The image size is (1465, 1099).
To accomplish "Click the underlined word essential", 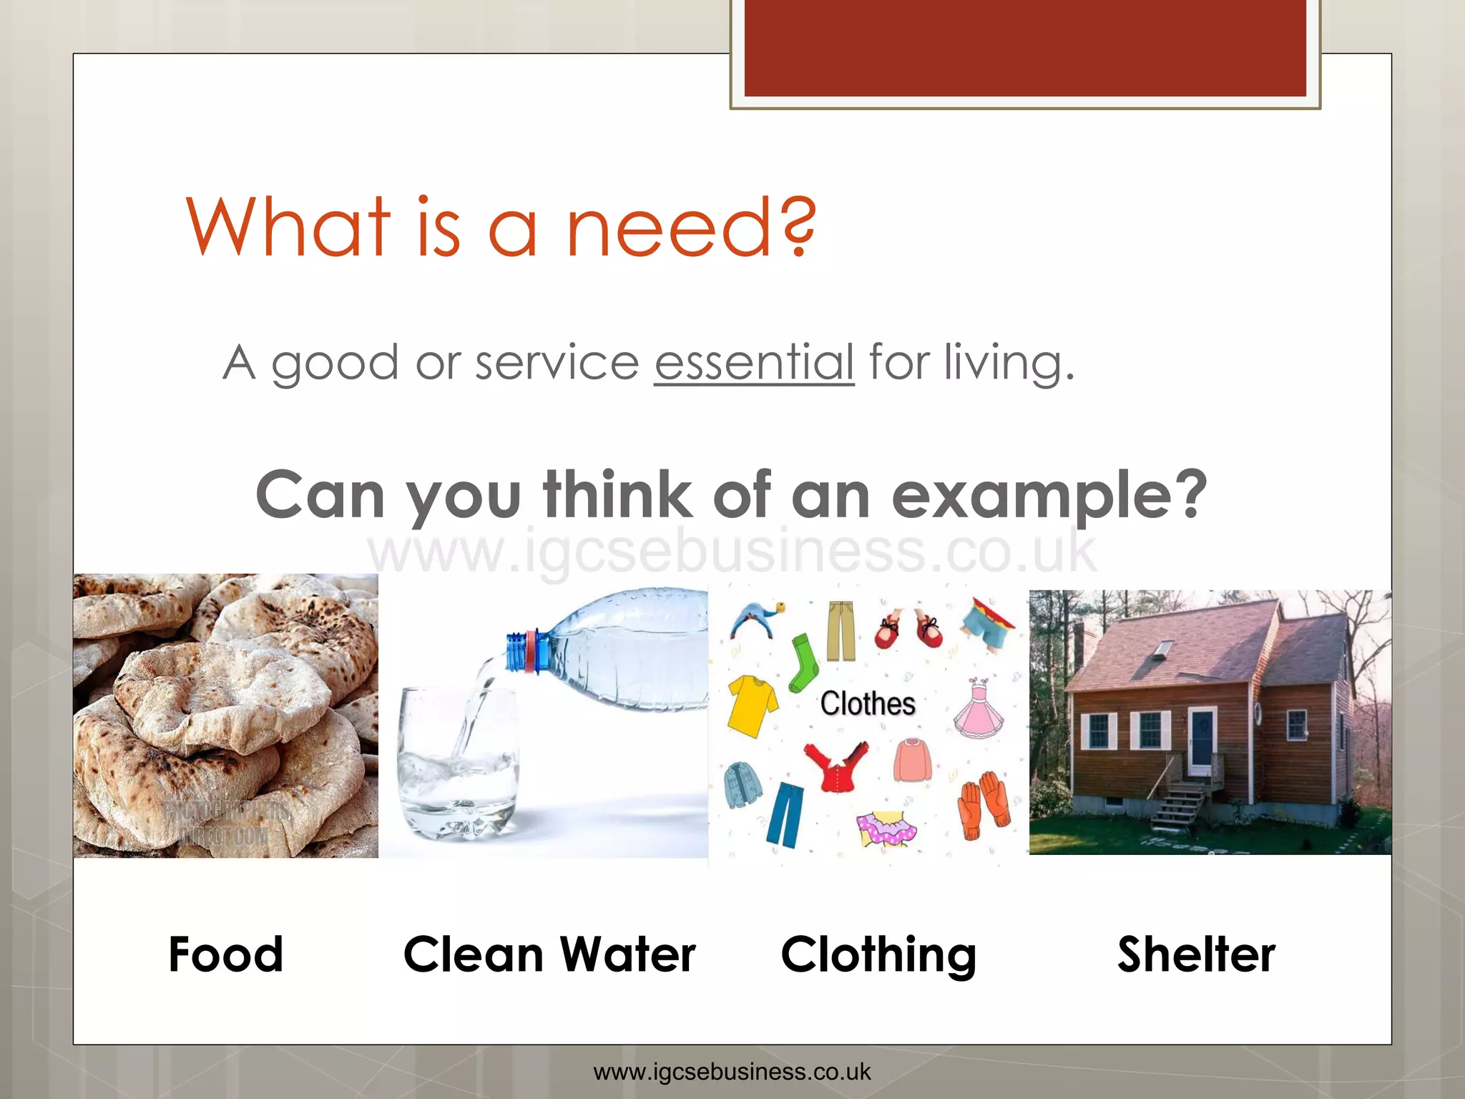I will click(754, 363).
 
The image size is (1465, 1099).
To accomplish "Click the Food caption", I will click(226, 954).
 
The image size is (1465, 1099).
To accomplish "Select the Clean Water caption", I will click(549, 954).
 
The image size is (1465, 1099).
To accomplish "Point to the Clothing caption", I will click(878, 955).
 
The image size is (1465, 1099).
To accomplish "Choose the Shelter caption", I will click(1196, 954).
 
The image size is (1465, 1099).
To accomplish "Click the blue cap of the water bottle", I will click(516, 651).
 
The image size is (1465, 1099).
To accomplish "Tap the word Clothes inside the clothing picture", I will click(868, 704).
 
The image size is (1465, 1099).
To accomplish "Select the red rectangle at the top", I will click(1024, 47).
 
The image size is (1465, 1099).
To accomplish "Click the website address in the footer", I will click(732, 1072).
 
